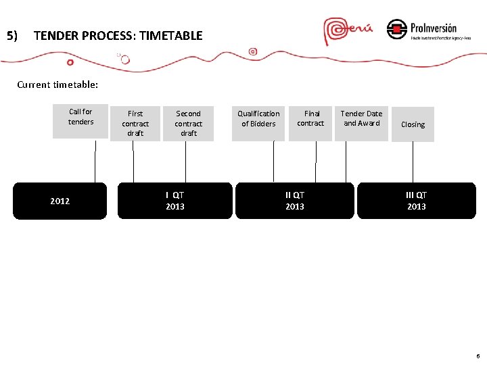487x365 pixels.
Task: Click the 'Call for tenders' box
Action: click(x=80, y=121)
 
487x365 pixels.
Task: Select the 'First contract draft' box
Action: click(x=135, y=124)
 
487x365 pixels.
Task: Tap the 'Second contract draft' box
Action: click(x=188, y=124)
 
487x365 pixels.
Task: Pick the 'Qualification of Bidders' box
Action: click(x=258, y=123)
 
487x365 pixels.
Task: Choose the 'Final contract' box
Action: click(x=310, y=123)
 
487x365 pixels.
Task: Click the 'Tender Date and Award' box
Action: click(x=361, y=123)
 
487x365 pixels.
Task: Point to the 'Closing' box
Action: click(x=413, y=124)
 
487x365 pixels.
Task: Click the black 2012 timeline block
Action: click(x=60, y=201)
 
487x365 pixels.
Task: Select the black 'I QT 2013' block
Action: click(x=175, y=201)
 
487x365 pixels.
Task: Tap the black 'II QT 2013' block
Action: click(x=294, y=201)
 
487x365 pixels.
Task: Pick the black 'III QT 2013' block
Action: click(x=416, y=201)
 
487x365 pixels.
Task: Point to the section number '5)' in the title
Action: click(x=11, y=36)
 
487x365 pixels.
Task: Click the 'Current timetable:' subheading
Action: click(x=57, y=85)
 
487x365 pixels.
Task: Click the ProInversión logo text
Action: click(x=433, y=28)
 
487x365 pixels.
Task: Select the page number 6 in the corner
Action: click(x=478, y=356)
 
